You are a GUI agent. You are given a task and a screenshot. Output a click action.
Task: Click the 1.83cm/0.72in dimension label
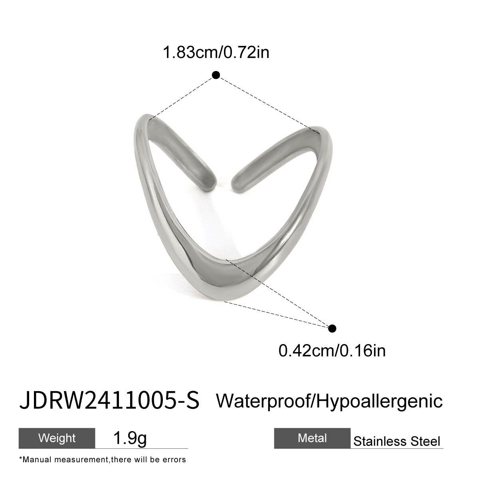[x=216, y=52]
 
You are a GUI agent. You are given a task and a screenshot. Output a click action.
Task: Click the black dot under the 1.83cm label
[x=216, y=75]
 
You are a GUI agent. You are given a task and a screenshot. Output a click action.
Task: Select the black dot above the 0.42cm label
[x=332, y=329]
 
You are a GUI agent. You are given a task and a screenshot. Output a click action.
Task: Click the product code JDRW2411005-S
[x=109, y=401]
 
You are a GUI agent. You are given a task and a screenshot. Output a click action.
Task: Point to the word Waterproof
[x=263, y=400]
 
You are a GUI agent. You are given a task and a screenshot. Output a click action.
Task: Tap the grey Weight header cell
[x=57, y=438]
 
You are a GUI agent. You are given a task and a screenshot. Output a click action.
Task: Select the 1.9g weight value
[x=130, y=439]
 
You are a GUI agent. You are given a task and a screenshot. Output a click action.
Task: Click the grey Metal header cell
[x=312, y=438]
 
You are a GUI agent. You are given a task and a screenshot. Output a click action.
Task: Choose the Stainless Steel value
[x=397, y=441]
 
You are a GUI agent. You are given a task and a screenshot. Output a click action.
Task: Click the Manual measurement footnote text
[x=102, y=459]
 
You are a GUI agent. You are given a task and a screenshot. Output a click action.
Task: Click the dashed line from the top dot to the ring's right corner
[x=267, y=103]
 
